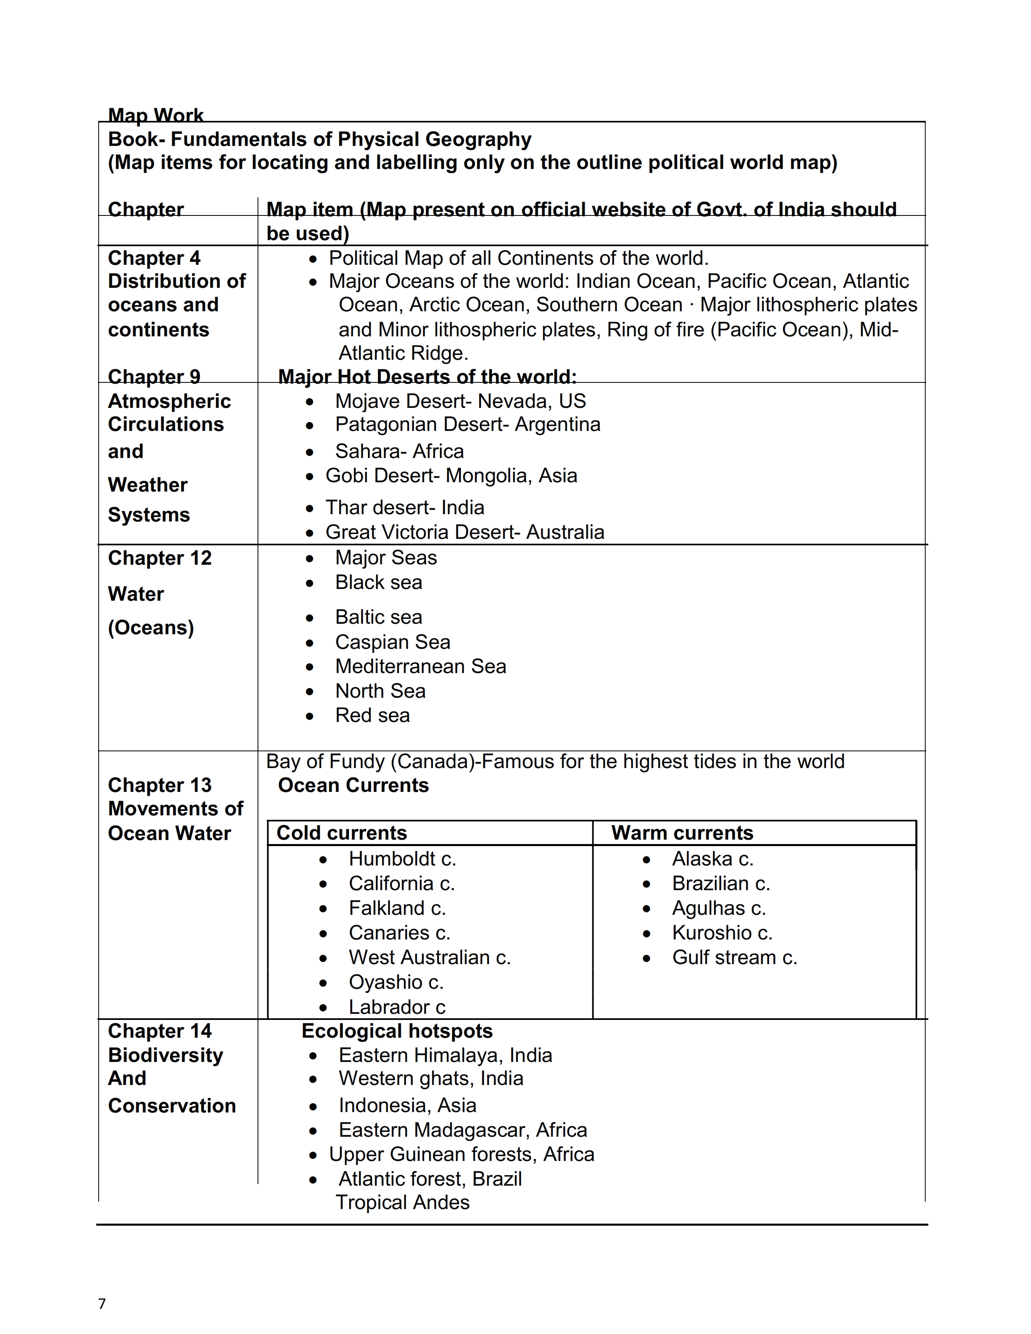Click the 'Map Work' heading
coord(156,115)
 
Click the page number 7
coord(102,1303)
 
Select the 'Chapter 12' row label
coord(159,558)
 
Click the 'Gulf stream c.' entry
coord(734,957)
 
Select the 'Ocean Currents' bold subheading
coord(353,785)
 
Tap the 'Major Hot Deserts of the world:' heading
coord(427,376)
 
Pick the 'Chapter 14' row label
coord(159,1031)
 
